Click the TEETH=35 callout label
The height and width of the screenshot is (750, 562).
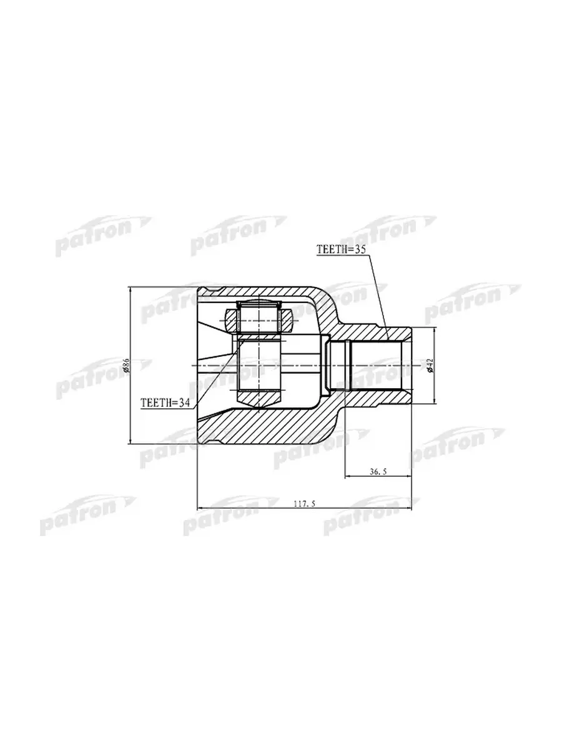tap(341, 249)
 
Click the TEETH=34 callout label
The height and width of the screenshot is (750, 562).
tap(165, 403)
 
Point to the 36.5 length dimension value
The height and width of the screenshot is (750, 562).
tap(378, 472)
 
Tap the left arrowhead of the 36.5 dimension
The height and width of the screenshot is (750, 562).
tap(348, 477)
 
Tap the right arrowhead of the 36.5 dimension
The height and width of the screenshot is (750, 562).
tap(408, 477)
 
